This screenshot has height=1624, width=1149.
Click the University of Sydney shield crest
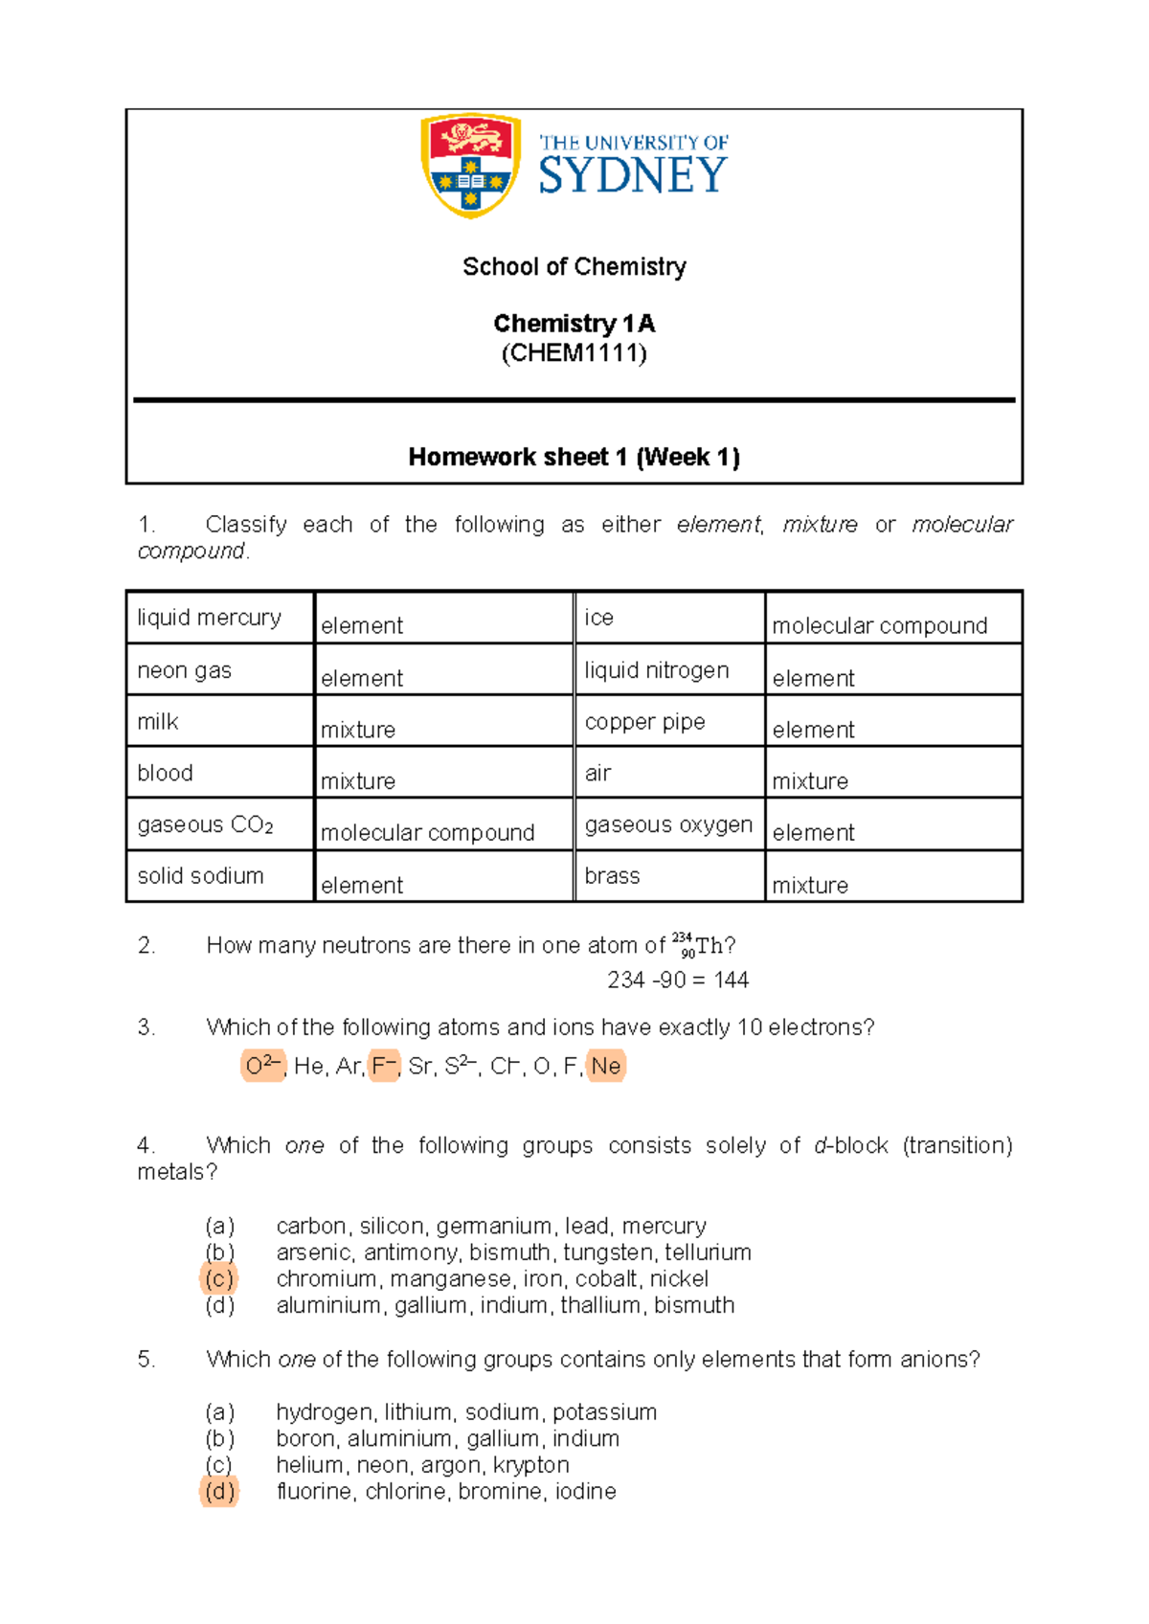click(x=470, y=165)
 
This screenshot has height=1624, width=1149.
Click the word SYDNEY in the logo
click(x=633, y=176)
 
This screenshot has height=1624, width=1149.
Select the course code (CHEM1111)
click(x=574, y=353)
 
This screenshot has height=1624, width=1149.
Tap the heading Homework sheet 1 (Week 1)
click(x=574, y=457)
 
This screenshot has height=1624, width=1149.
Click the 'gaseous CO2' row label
click(x=205, y=824)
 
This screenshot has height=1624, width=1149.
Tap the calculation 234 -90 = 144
click(x=678, y=980)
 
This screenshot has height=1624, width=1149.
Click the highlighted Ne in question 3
click(x=606, y=1066)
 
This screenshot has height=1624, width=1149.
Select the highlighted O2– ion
click(x=262, y=1065)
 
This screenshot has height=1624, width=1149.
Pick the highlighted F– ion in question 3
click(x=384, y=1065)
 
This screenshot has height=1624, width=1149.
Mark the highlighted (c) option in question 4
click(x=219, y=1278)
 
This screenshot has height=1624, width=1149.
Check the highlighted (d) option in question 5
click(x=219, y=1491)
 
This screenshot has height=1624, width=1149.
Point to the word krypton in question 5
click(x=531, y=1465)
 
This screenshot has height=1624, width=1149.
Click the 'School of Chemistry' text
click(x=574, y=266)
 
